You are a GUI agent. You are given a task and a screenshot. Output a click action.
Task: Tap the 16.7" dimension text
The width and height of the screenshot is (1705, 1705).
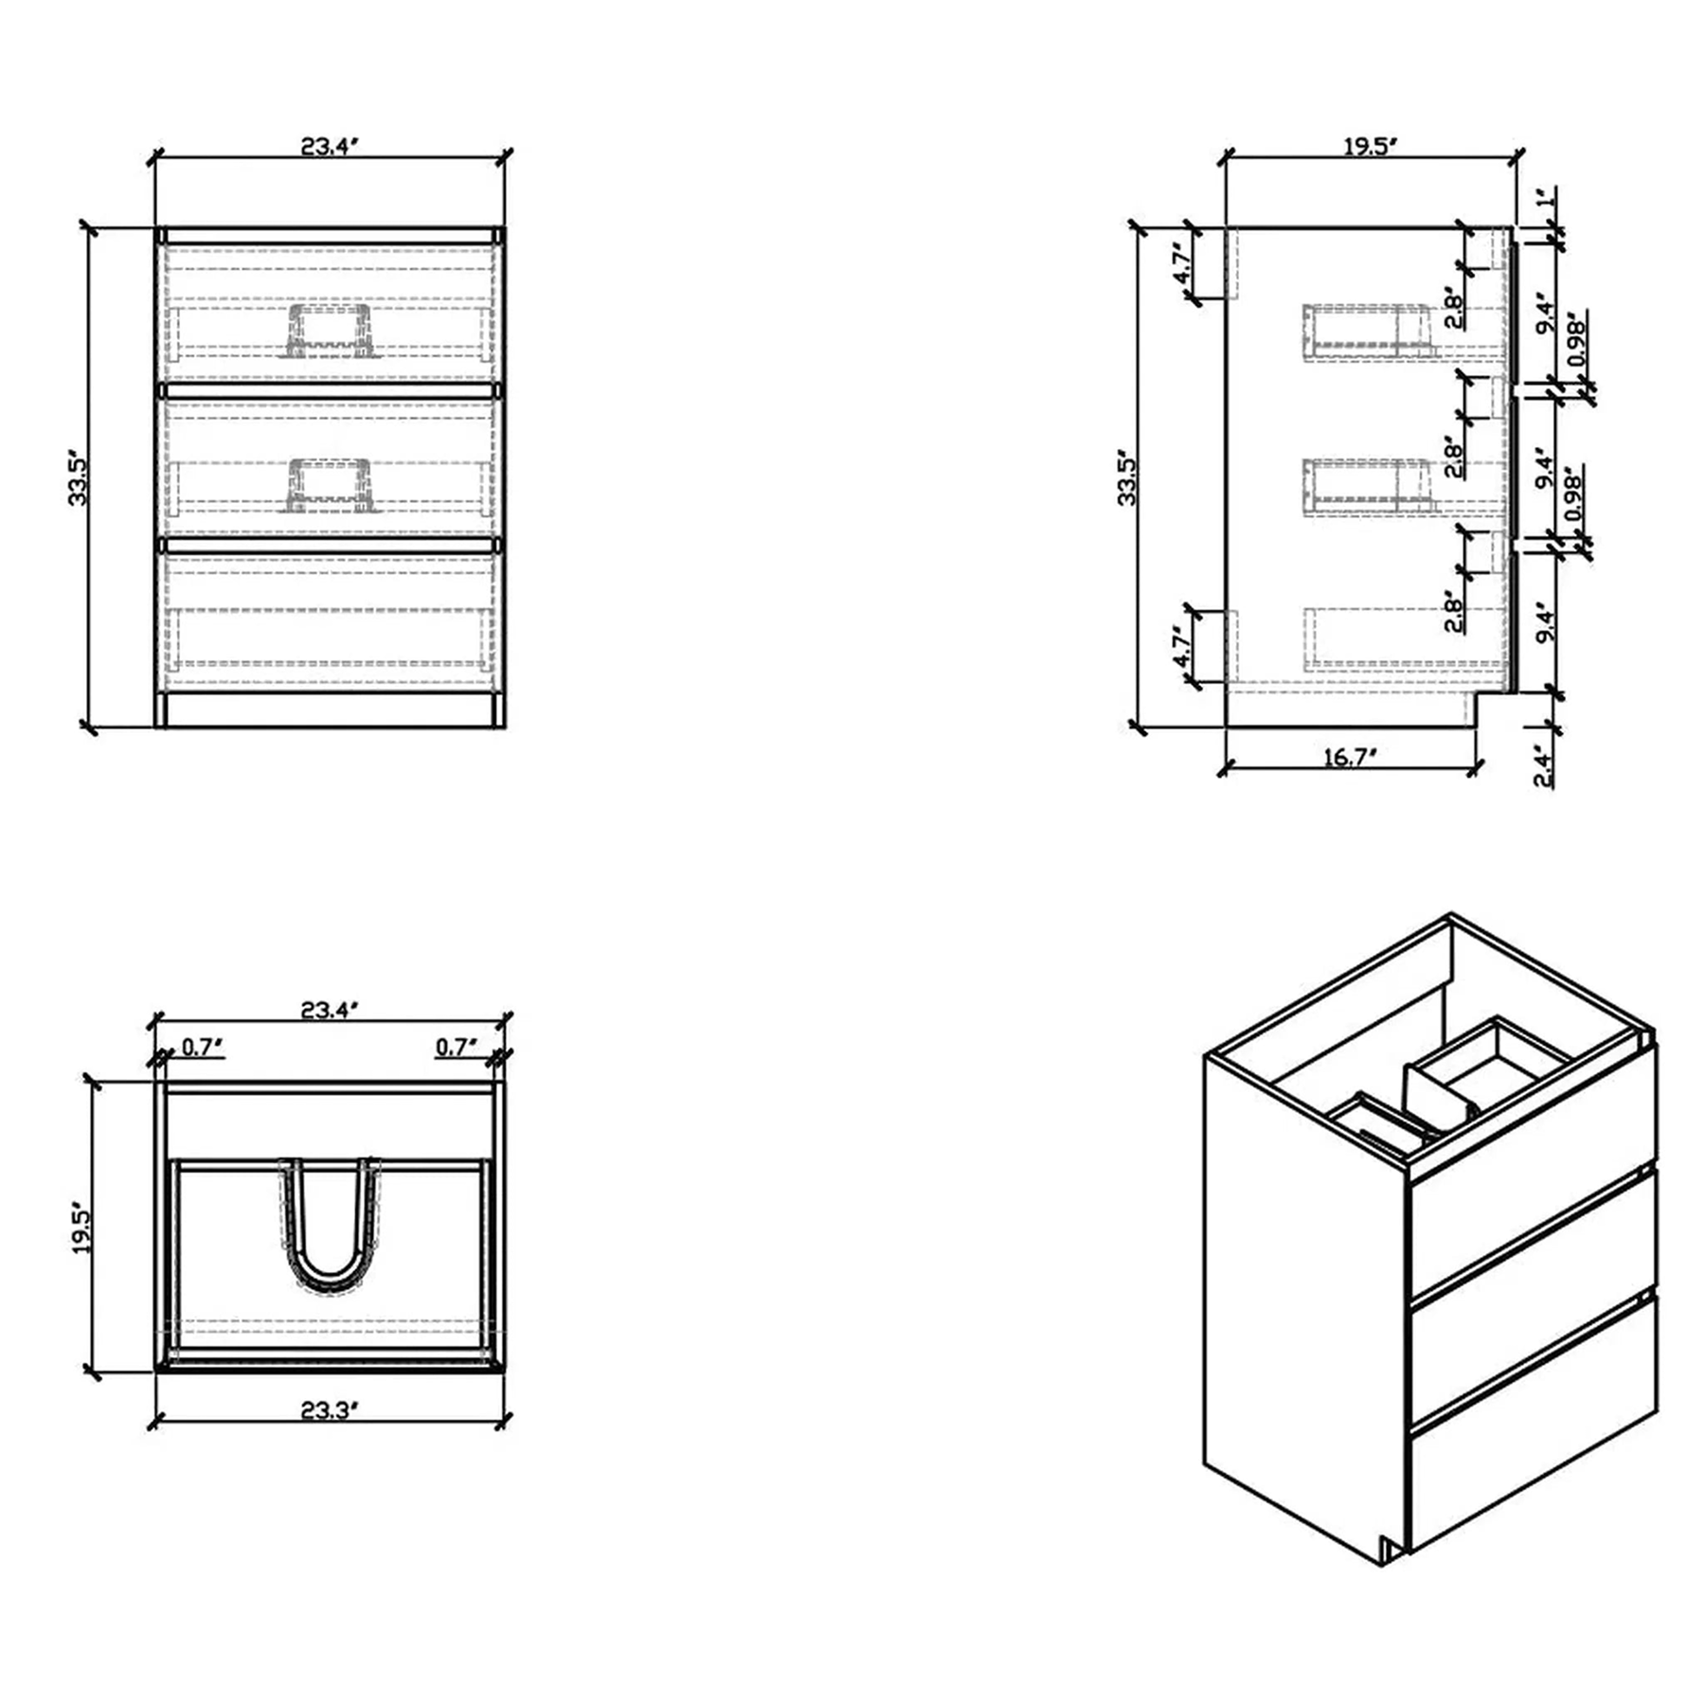tap(1348, 757)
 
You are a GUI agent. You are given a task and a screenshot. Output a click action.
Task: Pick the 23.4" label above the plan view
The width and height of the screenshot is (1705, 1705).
tap(330, 1011)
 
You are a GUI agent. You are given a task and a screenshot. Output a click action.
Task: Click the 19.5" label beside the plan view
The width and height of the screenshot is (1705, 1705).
tap(81, 1229)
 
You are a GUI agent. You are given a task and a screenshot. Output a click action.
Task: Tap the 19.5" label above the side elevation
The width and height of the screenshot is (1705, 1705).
tap(1371, 147)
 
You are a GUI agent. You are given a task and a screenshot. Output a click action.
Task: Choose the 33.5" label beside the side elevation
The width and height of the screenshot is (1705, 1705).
tap(1127, 476)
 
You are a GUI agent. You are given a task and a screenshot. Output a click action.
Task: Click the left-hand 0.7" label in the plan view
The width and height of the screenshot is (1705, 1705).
tap(202, 1047)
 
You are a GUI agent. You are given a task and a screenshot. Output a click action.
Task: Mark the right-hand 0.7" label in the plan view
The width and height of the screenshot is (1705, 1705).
tap(456, 1047)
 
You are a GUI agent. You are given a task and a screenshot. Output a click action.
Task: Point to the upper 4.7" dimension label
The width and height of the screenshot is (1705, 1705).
tap(1180, 266)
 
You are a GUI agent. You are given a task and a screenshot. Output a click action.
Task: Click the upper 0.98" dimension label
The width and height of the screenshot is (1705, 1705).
tap(1575, 340)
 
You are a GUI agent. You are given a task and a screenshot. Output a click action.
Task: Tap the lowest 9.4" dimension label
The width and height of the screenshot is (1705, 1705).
tap(1546, 621)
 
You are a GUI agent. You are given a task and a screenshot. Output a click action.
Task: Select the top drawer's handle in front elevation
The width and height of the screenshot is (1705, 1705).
tap(330, 331)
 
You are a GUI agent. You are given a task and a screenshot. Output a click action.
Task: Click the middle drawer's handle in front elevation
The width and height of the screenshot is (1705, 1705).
tap(330, 486)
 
